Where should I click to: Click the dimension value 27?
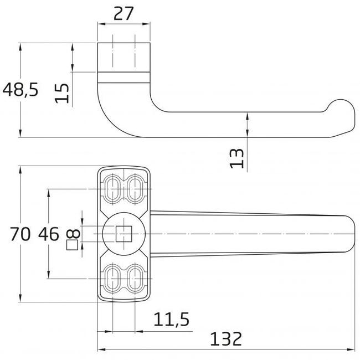(x=124, y=14)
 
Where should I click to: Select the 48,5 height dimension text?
(x=20, y=90)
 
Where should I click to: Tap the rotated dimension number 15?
(x=62, y=93)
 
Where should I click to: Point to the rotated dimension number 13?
(x=237, y=158)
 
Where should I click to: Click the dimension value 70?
(x=20, y=234)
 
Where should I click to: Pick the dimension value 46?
(x=49, y=234)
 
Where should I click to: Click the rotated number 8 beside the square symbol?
(x=73, y=234)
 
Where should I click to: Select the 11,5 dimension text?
(x=172, y=320)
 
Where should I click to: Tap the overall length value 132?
(x=226, y=339)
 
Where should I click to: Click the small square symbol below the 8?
(x=72, y=245)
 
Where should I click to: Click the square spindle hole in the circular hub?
(x=124, y=234)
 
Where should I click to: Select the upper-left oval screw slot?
(x=112, y=189)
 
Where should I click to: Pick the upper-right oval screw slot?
(x=135, y=189)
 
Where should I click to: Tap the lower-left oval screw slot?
(x=112, y=279)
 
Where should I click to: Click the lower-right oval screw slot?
(x=135, y=279)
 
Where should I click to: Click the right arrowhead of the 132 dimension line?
(x=351, y=349)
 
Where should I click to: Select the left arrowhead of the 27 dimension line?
(x=101, y=24)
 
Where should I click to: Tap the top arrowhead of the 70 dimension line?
(x=20, y=171)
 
